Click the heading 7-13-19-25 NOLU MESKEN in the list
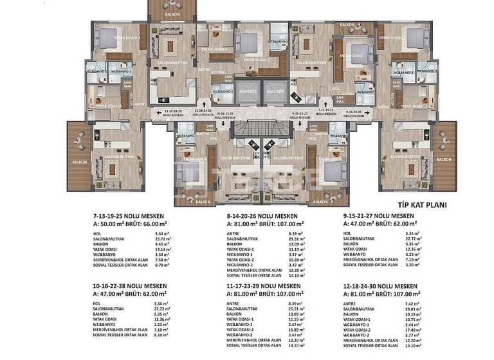129,216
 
